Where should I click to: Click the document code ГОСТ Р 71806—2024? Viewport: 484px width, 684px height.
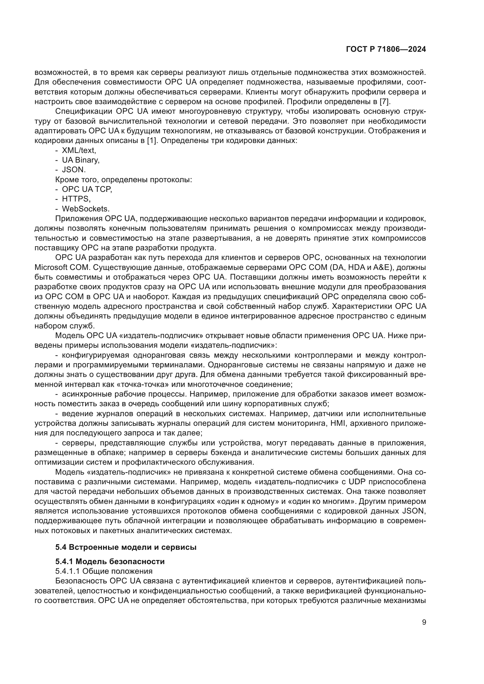[x=386, y=49]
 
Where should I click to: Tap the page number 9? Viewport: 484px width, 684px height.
[x=424, y=622]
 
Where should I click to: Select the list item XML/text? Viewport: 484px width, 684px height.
[x=79, y=150]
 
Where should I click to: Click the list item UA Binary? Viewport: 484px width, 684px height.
[x=80, y=160]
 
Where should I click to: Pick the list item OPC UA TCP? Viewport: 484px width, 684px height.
[x=87, y=189]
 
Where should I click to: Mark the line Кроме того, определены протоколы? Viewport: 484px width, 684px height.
[x=123, y=180]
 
